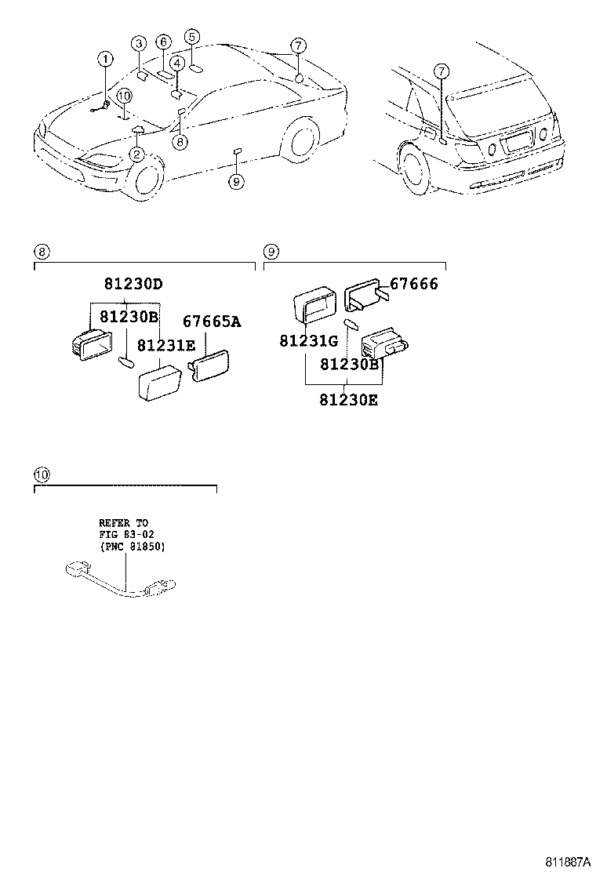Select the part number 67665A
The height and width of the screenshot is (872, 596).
(x=212, y=321)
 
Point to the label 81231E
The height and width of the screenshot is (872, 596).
(x=166, y=346)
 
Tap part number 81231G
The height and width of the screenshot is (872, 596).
(x=308, y=341)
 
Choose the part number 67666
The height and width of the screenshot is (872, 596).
(x=413, y=284)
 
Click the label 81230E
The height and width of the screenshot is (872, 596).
(x=348, y=400)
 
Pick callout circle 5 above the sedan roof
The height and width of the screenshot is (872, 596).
(x=192, y=36)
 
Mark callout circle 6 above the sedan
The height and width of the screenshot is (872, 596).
(x=162, y=42)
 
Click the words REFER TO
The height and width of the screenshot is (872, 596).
(x=122, y=522)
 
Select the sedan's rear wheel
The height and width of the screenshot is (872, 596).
(x=303, y=145)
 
